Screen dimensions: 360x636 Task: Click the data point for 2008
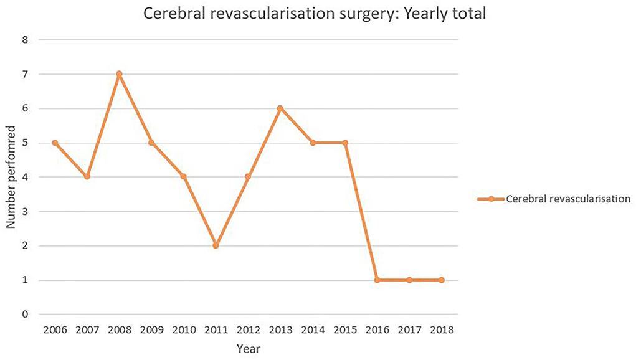119,74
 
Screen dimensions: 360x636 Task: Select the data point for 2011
216,245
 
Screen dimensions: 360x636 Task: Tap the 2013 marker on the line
280,108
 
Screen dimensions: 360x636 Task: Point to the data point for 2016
377,280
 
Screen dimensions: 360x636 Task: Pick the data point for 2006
55,143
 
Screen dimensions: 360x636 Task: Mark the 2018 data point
442,280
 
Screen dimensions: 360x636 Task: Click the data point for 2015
344,143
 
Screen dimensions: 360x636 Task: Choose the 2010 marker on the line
184,177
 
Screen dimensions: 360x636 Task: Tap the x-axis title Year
248,349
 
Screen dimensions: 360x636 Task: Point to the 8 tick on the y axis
26,40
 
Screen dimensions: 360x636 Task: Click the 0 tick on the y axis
26,315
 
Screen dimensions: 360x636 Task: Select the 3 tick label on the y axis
26,212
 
